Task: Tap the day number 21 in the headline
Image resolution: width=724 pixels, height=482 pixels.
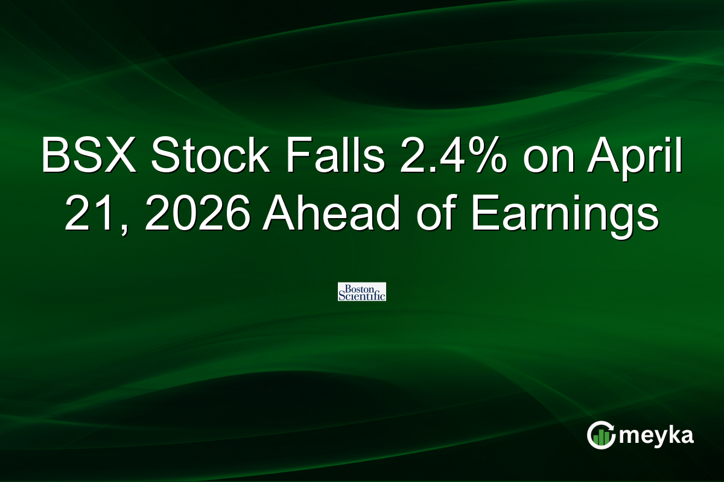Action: pyautogui.click(x=87, y=214)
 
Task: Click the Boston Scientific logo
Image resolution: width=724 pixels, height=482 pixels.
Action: pyautogui.click(x=362, y=292)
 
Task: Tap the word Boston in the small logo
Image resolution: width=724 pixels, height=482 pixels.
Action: pyautogui.click(x=361, y=287)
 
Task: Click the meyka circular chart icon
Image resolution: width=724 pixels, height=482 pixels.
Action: pyautogui.click(x=602, y=435)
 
